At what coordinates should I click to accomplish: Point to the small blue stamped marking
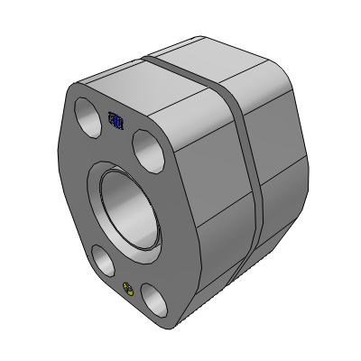(x=116, y=119)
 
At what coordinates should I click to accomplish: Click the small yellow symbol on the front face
(x=129, y=289)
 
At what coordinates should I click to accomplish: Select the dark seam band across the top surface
(x=185, y=68)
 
